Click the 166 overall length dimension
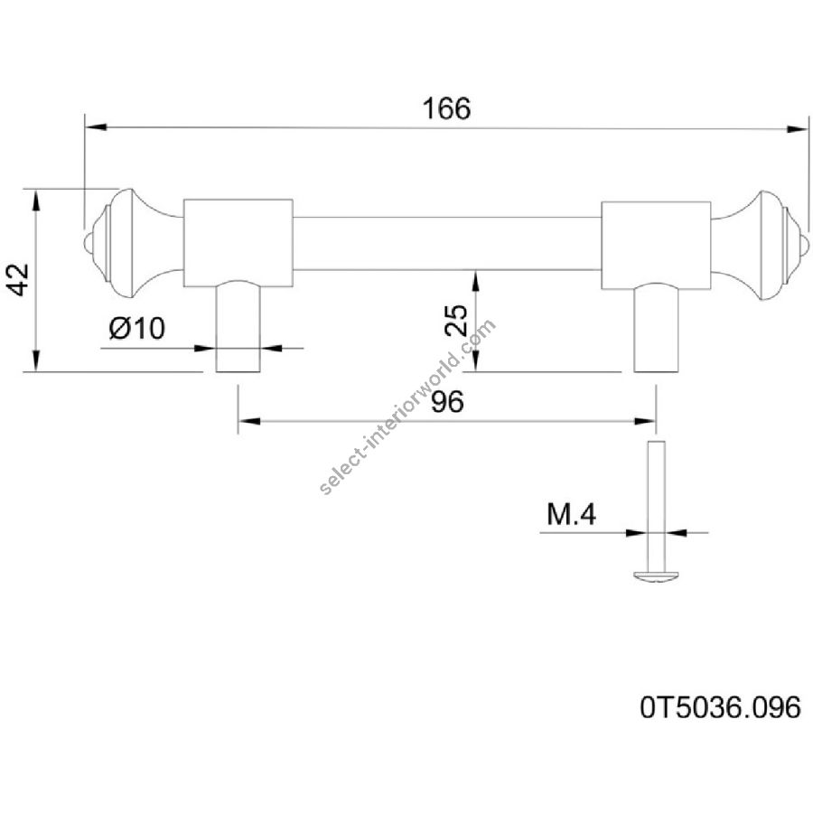coord(446,109)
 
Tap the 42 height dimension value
coord(20,280)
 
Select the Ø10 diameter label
coord(137,328)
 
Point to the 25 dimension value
coord(457,321)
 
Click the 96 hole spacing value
coord(447,401)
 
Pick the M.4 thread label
coord(572,514)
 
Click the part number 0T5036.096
coord(720,707)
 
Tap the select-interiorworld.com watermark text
coord(408,406)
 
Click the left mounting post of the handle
coord(238,327)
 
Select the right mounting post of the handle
coord(657,328)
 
